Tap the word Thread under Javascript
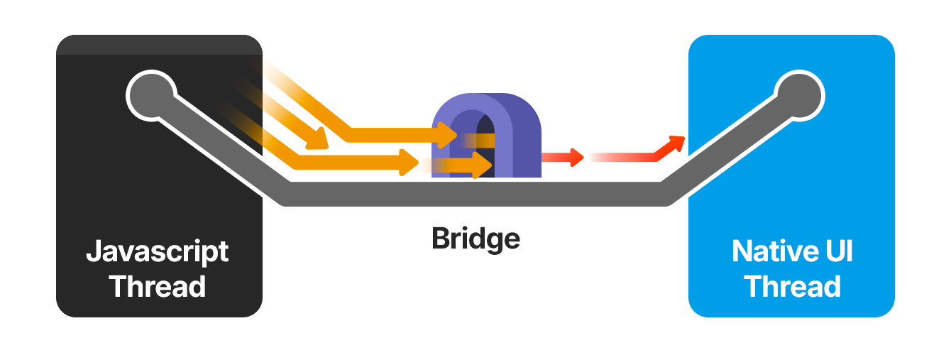[158, 287]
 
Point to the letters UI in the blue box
[837, 252]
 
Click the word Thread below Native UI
[793, 287]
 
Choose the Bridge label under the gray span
[475, 239]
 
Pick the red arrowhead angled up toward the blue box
[676, 143]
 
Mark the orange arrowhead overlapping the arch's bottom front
[485, 166]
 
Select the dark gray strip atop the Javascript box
[159, 45]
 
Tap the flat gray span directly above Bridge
[475, 194]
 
